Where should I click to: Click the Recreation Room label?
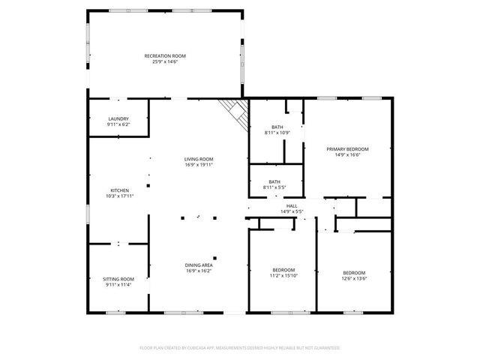coord(165,55)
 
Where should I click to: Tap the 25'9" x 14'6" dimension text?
coord(165,61)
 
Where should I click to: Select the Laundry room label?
coord(118,118)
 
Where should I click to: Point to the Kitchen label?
coord(120,190)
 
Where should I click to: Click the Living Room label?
coord(199,159)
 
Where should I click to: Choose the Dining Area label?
coord(199,265)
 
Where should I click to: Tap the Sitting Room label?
coord(118,279)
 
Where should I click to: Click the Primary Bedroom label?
coord(347,148)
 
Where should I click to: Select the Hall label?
coord(291,205)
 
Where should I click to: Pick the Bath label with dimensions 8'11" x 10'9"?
coord(277,127)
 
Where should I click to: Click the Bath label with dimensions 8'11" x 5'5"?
coord(274,181)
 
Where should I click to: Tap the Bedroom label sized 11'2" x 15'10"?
coord(283,269)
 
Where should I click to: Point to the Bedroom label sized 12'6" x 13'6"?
coord(354,271)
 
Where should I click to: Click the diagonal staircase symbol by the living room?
coord(235,114)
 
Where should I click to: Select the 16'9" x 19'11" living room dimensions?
coord(199,165)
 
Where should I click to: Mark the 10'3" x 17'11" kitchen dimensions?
coord(120,196)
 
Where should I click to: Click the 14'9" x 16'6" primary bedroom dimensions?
coord(347,154)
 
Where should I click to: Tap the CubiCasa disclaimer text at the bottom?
coord(240,348)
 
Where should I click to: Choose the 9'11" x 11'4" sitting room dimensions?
coord(118,285)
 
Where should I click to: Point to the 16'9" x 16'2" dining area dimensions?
coord(199,271)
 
